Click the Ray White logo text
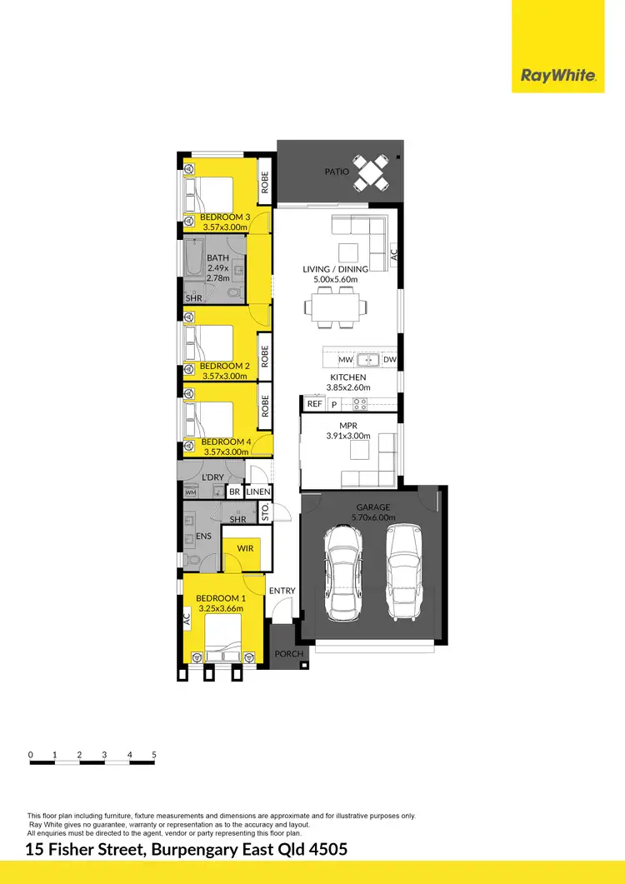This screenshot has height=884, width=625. [558, 76]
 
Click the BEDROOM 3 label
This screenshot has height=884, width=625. [225, 217]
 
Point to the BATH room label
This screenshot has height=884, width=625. [218, 258]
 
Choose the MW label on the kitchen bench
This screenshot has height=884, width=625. [346, 360]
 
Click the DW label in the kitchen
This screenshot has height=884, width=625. [390, 360]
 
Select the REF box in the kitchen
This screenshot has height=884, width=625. [314, 404]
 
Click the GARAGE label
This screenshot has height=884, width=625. [373, 507]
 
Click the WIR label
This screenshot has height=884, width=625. [245, 549]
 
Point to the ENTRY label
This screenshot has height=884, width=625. [282, 591]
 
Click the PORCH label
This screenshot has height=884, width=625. [289, 654]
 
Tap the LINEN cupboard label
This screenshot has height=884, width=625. [258, 492]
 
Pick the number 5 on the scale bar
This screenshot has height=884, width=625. [155, 755]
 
